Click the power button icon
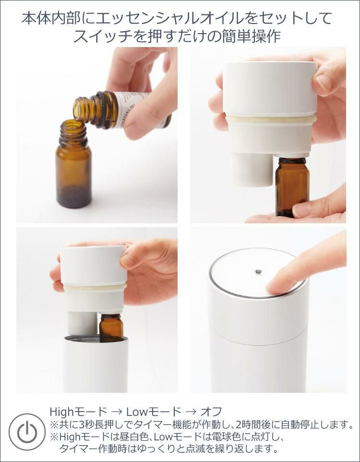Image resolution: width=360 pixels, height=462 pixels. coord(27,432)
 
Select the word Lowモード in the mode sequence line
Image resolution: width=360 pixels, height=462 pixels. coord(154,411)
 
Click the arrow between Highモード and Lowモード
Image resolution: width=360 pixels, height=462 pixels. coord(116,411)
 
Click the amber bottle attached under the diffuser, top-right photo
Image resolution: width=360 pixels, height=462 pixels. coord(292,187)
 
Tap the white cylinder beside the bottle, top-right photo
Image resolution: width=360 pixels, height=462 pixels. coord(252,169)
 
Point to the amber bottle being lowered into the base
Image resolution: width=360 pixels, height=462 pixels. coord(111,328)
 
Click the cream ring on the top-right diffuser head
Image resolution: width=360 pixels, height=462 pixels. coord(271,119)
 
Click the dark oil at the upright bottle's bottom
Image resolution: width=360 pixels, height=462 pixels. coord(73,197)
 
